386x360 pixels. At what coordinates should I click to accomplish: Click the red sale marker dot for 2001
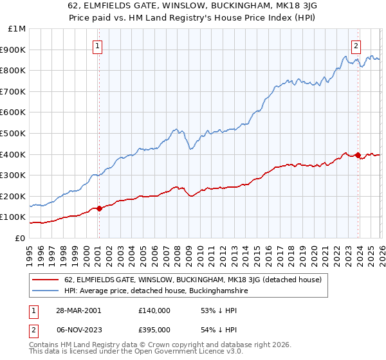(100, 208)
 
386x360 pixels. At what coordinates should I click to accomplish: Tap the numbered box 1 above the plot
(97, 45)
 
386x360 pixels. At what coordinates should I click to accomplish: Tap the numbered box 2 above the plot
(356, 45)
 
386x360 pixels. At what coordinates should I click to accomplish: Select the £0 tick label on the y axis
(19, 238)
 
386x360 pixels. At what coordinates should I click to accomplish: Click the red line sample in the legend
(45, 280)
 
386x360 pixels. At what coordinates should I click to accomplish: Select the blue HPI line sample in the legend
(45, 291)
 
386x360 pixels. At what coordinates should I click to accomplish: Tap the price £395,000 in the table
(154, 330)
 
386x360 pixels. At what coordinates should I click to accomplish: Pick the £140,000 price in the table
(154, 310)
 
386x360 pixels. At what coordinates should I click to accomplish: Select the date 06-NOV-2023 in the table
(77, 330)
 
